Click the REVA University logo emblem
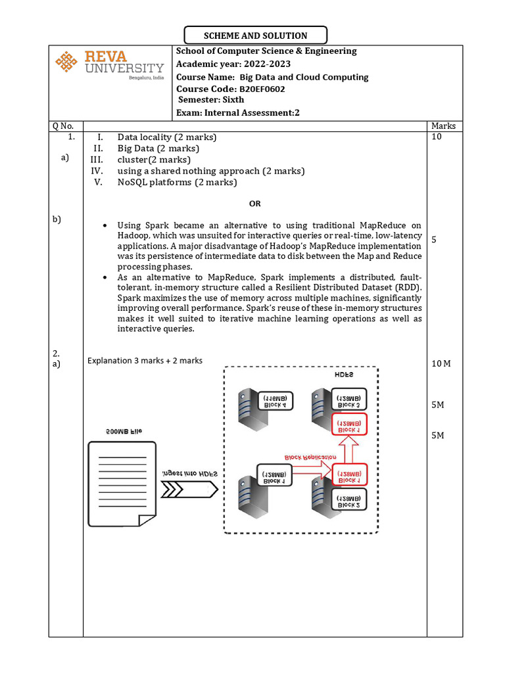66,62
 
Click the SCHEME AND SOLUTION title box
255,35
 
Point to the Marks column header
444,126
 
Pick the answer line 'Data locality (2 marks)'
167,137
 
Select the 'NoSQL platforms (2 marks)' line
177,182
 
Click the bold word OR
255,204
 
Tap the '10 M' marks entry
441,363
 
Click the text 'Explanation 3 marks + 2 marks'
145,360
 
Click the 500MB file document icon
122,484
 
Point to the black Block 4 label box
276,401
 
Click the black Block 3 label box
348,401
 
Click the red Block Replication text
310,457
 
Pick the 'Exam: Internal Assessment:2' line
238,112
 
